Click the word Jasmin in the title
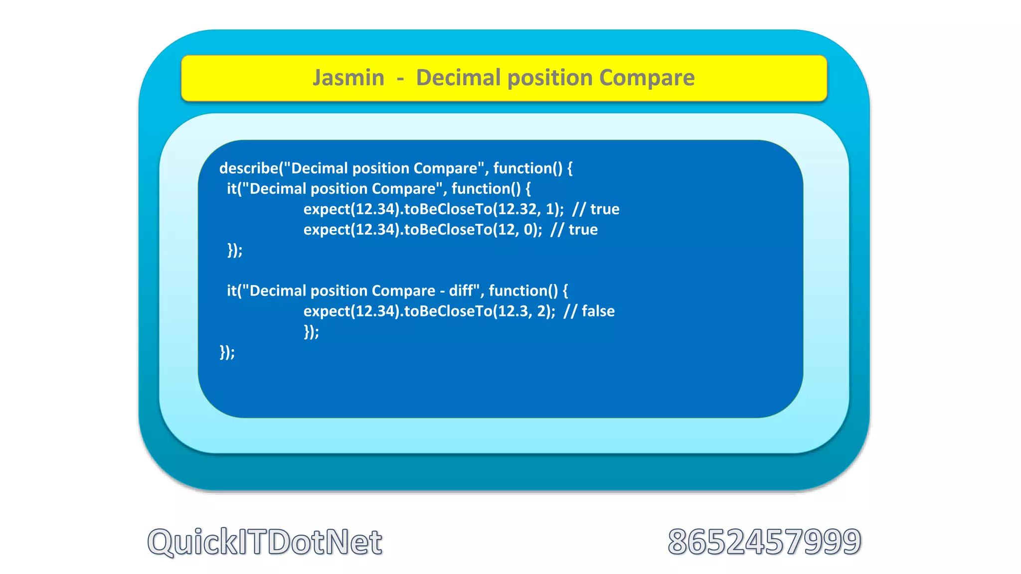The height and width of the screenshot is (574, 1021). (x=348, y=78)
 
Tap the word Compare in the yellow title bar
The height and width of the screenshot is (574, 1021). (x=647, y=78)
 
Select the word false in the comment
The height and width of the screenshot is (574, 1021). (x=598, y=311)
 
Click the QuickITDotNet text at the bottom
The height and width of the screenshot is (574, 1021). (x=265, y=542)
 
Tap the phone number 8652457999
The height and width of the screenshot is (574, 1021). (x=764, y=542)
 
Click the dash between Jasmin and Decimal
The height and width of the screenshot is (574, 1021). (x=400, y=78)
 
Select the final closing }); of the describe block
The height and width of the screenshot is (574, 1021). (x=227, y=352)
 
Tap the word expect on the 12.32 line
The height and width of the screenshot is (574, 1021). (x=327, y=209)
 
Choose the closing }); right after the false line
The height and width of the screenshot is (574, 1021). (x=311, y=332)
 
